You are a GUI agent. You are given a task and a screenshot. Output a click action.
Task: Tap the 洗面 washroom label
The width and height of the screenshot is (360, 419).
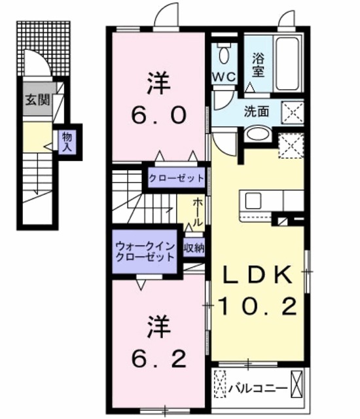click(x=257, y=111)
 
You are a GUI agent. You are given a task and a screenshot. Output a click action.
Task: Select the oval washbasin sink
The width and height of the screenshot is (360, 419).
click(x=257, y=134)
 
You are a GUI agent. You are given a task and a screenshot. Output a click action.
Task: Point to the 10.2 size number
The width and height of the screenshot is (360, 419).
click(x=257, y=305)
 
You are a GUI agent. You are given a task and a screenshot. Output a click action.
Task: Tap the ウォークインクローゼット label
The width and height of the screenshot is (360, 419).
click(x=145, y=251)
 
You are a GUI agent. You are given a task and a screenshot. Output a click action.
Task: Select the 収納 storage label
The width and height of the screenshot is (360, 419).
click(x=192, y=248)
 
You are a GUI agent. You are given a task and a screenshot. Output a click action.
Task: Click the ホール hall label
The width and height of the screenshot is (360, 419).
click(x=197, y=212)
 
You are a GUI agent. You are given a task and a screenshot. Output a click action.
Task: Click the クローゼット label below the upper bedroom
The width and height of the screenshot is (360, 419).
click(x=176, y=178)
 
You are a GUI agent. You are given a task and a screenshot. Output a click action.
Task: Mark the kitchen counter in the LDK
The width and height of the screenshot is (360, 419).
click(x=272, y=200)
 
